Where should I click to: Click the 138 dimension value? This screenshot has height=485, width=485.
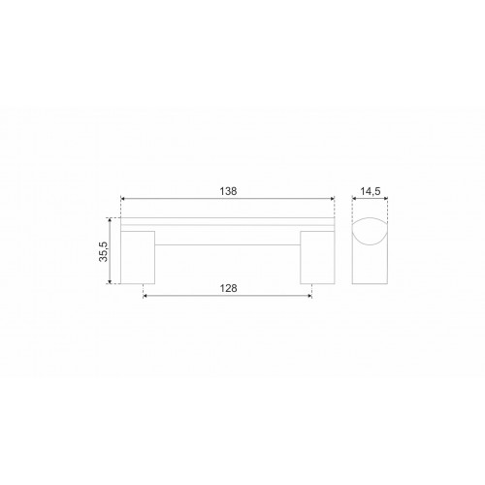[x=228, y=191]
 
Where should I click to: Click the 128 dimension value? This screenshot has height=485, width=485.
[x=228, y=288]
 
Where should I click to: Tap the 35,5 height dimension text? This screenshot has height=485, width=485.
[x=104, y=251]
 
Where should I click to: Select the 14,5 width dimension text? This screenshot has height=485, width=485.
[x=371, y=191]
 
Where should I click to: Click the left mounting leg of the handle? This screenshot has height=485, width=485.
[x=138, y=257]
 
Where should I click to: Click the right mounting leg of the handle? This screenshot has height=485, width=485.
[x=317, y=257]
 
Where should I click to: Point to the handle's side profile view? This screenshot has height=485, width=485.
[x=370, y=251]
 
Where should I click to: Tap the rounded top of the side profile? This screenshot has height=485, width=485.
[x=370, y=218]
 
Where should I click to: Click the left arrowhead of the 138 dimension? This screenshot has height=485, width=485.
[x=123, y=199]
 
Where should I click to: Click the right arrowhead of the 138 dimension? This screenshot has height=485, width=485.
[x=332, y=199]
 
